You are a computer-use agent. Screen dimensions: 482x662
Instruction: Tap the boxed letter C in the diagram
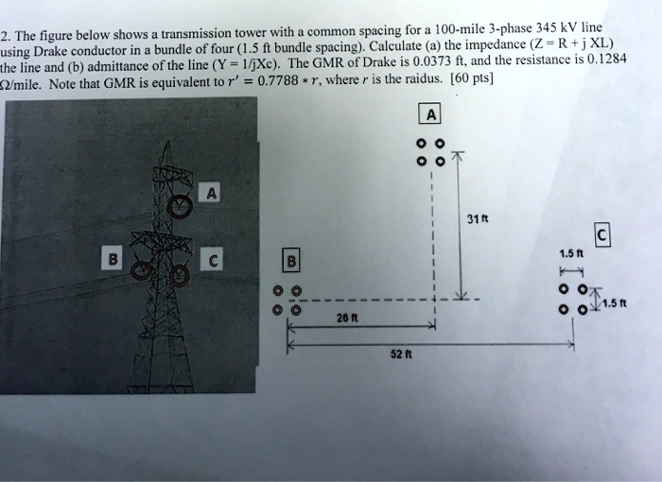point(602,235)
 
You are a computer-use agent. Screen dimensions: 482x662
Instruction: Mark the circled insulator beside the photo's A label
point(179,204)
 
